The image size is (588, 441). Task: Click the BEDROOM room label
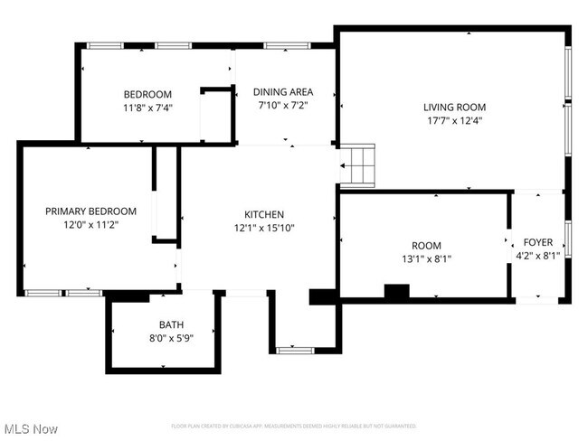147,94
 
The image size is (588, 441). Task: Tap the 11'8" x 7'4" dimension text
147,107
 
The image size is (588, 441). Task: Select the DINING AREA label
283,91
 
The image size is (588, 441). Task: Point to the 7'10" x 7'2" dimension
283,105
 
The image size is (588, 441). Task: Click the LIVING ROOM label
453,107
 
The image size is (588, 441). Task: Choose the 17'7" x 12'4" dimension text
453,120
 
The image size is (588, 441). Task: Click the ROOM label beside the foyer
426,245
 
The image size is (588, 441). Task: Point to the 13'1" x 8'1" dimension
426,258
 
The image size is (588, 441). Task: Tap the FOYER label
539,241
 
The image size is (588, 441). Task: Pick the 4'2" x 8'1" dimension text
539,255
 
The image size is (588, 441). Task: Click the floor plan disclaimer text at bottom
294,425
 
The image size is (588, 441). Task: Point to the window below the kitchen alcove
295,349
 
